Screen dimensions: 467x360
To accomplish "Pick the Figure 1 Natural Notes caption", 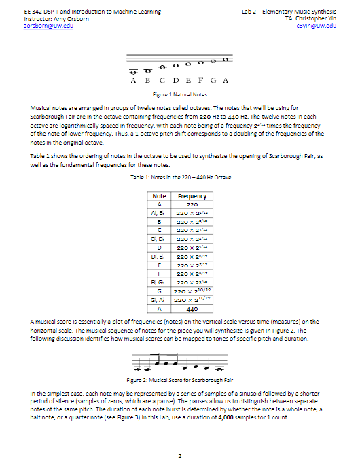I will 180,94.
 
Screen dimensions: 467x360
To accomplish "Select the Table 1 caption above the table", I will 180,176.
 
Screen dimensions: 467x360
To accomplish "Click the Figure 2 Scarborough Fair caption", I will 180,380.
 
